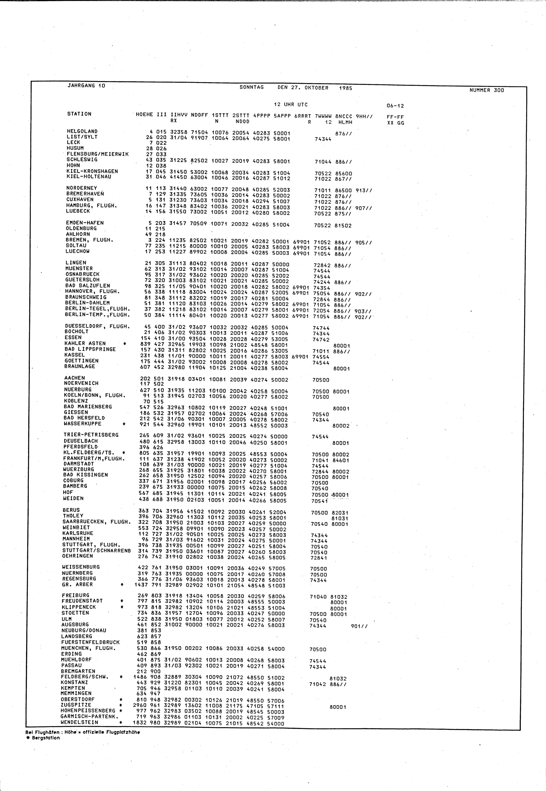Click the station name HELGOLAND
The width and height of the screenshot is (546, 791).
pyautogui.click(x=82, y=131)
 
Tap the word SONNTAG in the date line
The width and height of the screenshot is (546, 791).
pyautogui.click(x=251, y=87)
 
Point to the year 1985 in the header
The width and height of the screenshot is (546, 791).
pyautogui.click(x=346, y=88)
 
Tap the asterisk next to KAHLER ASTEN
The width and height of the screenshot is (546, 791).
pyautogui.click(x=124, y=343)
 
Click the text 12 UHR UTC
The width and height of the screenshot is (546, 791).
pyautogui.click(x=290, y=105)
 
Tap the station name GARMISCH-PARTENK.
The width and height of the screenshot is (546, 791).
pyautogui.click(x=89, y=716)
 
